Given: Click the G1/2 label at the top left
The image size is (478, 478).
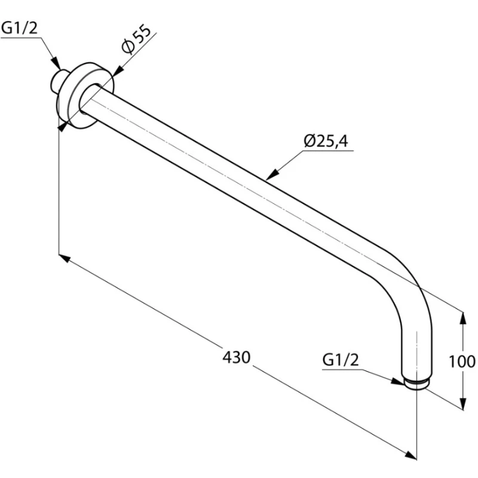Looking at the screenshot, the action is pyautogui.click(x=19, y=28).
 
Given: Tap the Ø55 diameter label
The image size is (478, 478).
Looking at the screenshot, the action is pyautogui.click(x=136, y=39).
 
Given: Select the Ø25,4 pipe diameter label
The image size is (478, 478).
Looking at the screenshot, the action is pyautogui.click(x=326, y=141).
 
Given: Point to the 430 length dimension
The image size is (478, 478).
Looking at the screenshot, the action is pyautogui.click(x=236, y=357).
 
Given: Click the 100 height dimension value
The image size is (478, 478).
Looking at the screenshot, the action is pyautogui.click(x=462, y=361).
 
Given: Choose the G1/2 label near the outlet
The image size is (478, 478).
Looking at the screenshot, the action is pyautogui.click(x=341, y=360).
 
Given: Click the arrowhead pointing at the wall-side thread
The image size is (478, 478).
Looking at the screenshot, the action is pyautogui.click(x=56, y=63).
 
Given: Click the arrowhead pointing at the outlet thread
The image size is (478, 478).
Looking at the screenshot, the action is pyautogui.click(x=398, y=381).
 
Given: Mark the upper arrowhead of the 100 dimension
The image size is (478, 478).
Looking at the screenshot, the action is pyautogui.click(x=462, y=318).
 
